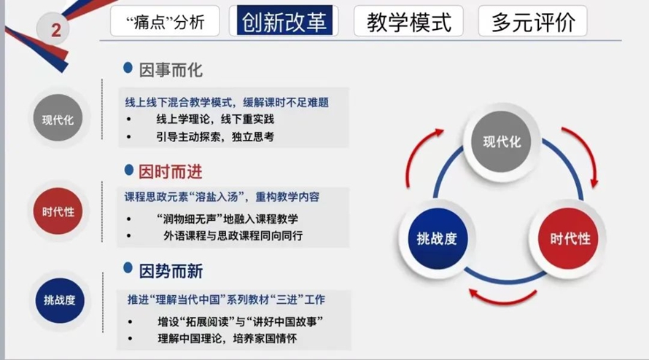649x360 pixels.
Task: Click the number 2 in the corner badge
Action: pyautogui.click(x=56, y=30)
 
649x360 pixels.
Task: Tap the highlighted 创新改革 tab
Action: pyautogui.click(x=284, y=20)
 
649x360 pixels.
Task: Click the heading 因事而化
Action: pyautogui.click(x=171, y=70)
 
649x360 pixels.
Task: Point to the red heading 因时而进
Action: pyautogui.click(x=170, y=171)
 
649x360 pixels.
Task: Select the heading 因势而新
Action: pyautogui.click(x=171, y=271)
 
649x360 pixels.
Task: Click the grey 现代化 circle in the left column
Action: pyautogui.click(x=58, y=118)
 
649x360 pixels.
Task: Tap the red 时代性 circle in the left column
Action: pyautogui.click(x=58, y=211)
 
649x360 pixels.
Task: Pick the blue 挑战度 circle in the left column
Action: pyautogui.click(x=60, y=300)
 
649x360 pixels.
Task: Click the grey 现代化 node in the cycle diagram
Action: pyautogui.click(x=501, y=141)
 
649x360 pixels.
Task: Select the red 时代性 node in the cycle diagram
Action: pyautogui.click(x=570, y=238)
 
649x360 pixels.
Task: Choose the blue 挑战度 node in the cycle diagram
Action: pyautogui.click(x=437, y=238)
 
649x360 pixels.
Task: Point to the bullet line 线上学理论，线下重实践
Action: pyautogui.click(x=215, y=120)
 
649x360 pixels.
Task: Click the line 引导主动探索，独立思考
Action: pyautogui.click(x=215, y=136)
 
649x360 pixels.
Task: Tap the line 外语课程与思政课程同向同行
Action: pyautogui.click(x=233, y=236)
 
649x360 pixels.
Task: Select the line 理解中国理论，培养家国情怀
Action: pyautogui.click(x=228, y=338)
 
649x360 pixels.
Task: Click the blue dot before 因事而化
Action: pyautogui.click(x=128, y=68)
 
